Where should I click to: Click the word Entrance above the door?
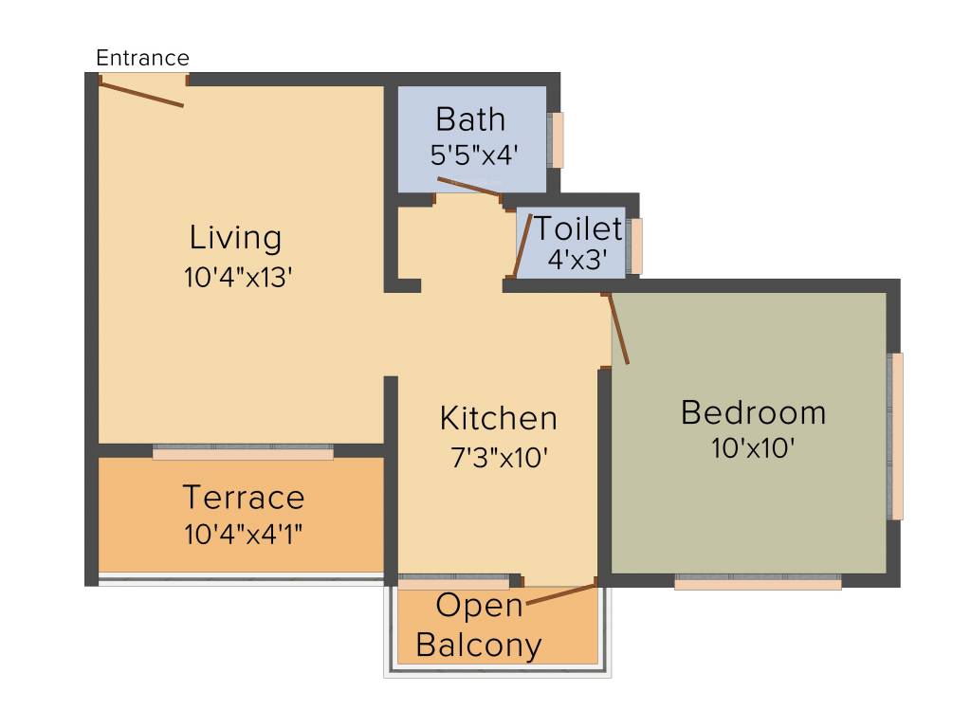[142, 58]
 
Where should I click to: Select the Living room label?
[235, 237]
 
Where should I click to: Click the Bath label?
[470, 120]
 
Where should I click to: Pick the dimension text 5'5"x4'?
[473, 155]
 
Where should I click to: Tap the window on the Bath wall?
[557, 140]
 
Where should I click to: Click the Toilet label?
[577, 228]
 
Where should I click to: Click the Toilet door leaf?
[522, 245]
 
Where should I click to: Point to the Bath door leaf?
[468, 187]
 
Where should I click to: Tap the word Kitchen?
[498, 418]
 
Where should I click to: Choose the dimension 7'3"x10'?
[499, 457]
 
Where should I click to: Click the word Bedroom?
[753, 413]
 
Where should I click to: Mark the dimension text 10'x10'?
[753, 448]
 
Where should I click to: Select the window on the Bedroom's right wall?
[896, 436]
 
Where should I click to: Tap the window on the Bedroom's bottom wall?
[758, 582]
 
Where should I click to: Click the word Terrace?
[244, 498]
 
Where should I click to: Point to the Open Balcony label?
[479, 626]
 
